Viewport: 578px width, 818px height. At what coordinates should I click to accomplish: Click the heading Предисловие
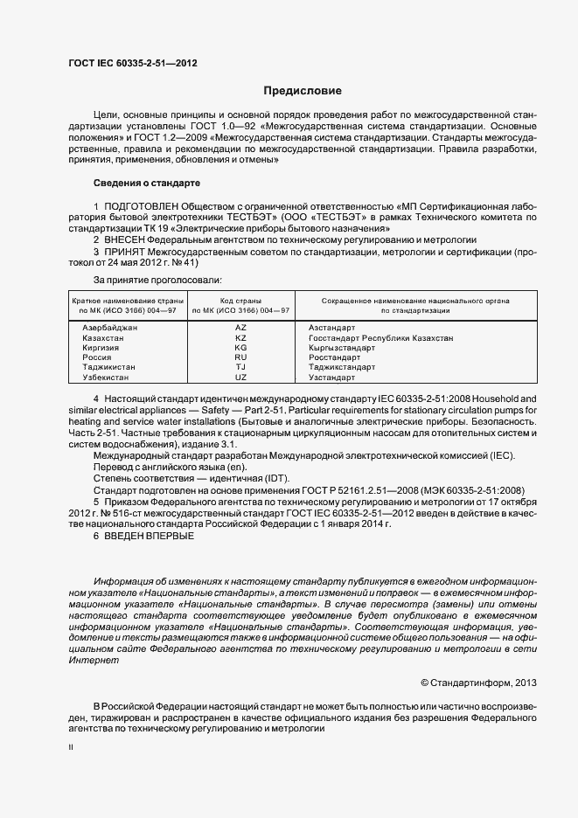[x=303, y=91]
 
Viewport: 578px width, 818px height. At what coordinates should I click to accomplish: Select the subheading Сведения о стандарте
[x=147, y=184]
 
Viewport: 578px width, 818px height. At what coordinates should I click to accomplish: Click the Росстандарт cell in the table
[x=334, y=357]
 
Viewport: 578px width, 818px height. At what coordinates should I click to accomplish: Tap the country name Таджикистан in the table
[x=109, y=367]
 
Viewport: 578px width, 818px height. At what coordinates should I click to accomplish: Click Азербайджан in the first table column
[x=109, y=326]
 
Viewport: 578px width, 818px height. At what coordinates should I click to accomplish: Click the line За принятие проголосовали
[x=152, y=280]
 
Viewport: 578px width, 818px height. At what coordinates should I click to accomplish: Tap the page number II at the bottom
[x=71, y=748]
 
